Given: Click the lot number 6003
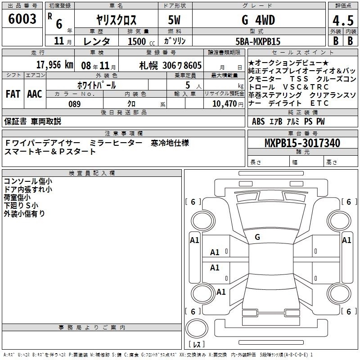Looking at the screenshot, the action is click(x=22, y=19).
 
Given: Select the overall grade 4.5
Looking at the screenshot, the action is click(x=343, y=20).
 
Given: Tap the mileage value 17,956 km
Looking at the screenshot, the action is click(x=55, y=65).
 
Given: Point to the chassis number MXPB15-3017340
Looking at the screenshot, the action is click(x=302, y=143).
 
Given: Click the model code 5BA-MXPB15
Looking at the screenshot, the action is click(x=258, y=41).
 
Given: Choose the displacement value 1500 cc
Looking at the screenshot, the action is click(x=141, y=41).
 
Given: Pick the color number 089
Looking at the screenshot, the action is click(x=75, y=104).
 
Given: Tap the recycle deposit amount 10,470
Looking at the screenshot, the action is click(x=225, y=104).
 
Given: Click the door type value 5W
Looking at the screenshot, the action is click(x=174, y=20).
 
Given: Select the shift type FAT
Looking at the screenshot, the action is click(x=13, y=94).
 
